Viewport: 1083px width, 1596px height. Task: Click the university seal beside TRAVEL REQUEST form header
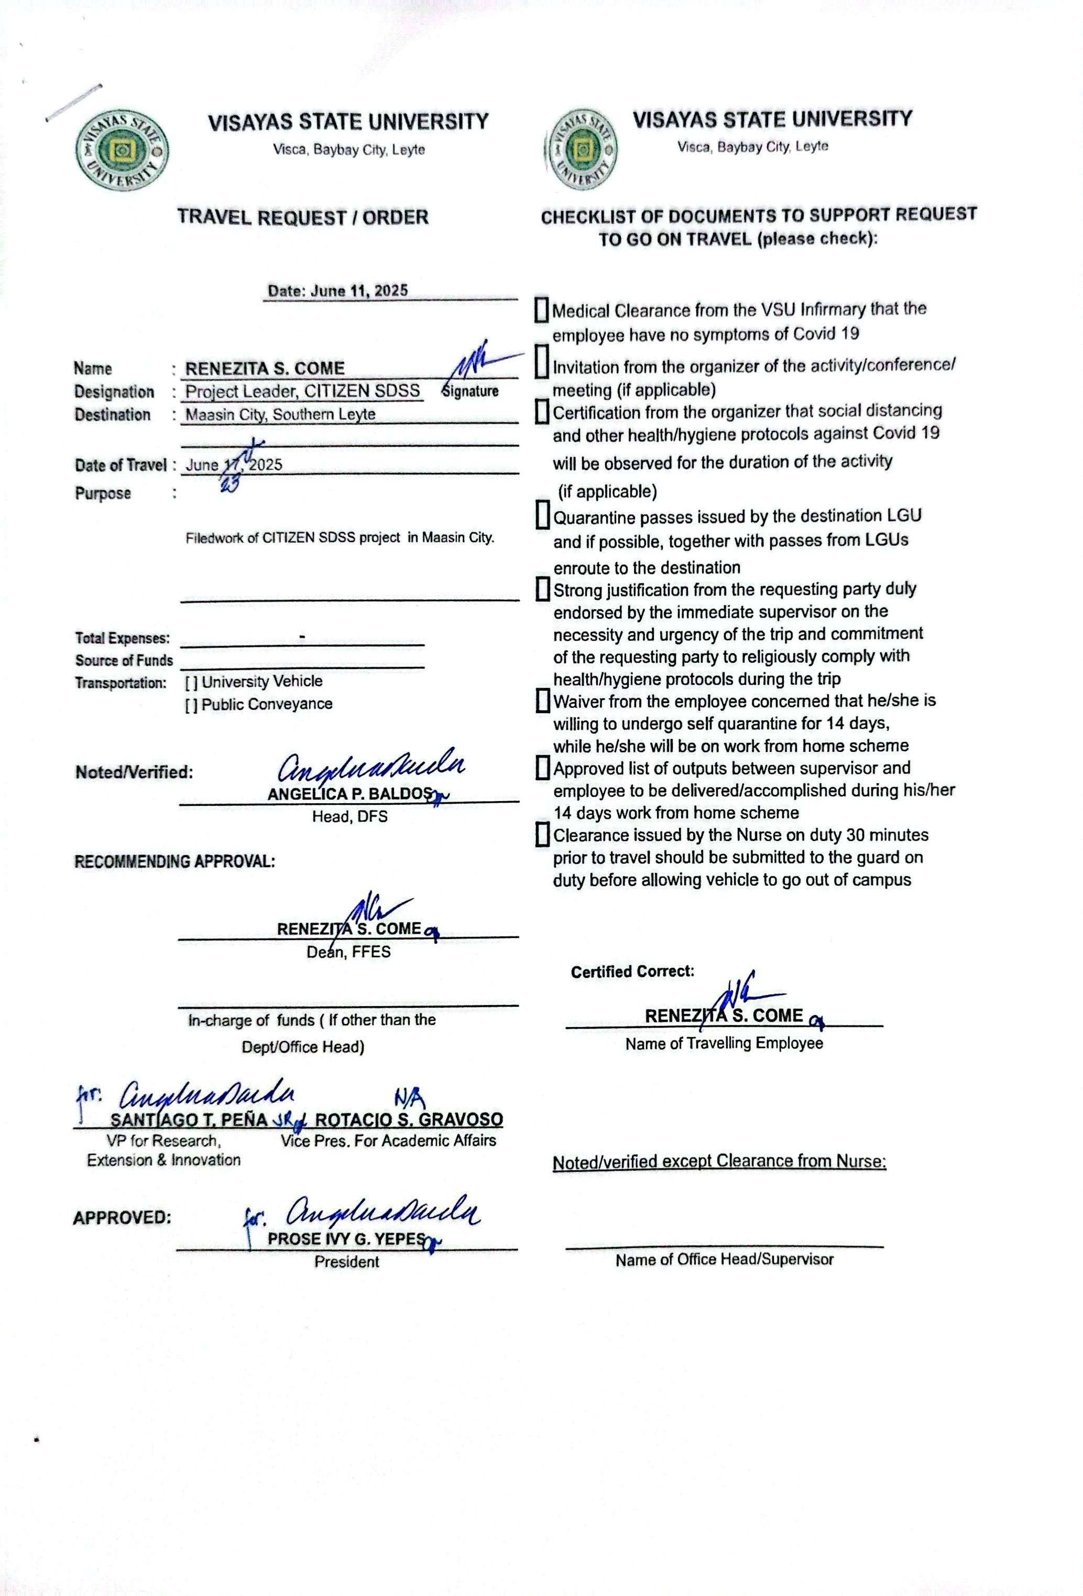[122, 150]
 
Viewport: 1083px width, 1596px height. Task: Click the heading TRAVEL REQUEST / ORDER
[303, 218]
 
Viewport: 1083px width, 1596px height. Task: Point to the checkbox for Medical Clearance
[542, 310]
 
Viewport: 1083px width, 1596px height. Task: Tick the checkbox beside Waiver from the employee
[542, 701]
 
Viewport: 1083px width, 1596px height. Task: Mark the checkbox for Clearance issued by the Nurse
[542, 835]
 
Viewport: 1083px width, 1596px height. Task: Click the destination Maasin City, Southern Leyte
[280, 415]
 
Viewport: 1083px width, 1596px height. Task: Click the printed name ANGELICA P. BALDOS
[350, 794]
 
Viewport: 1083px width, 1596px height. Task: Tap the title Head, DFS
[349, 816]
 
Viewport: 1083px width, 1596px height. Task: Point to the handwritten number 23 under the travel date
[230, 485]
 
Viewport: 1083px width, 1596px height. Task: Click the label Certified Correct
[632, 972]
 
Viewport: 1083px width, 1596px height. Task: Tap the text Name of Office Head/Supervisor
[724, 1259]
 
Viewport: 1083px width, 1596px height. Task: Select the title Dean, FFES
[348, 952]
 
